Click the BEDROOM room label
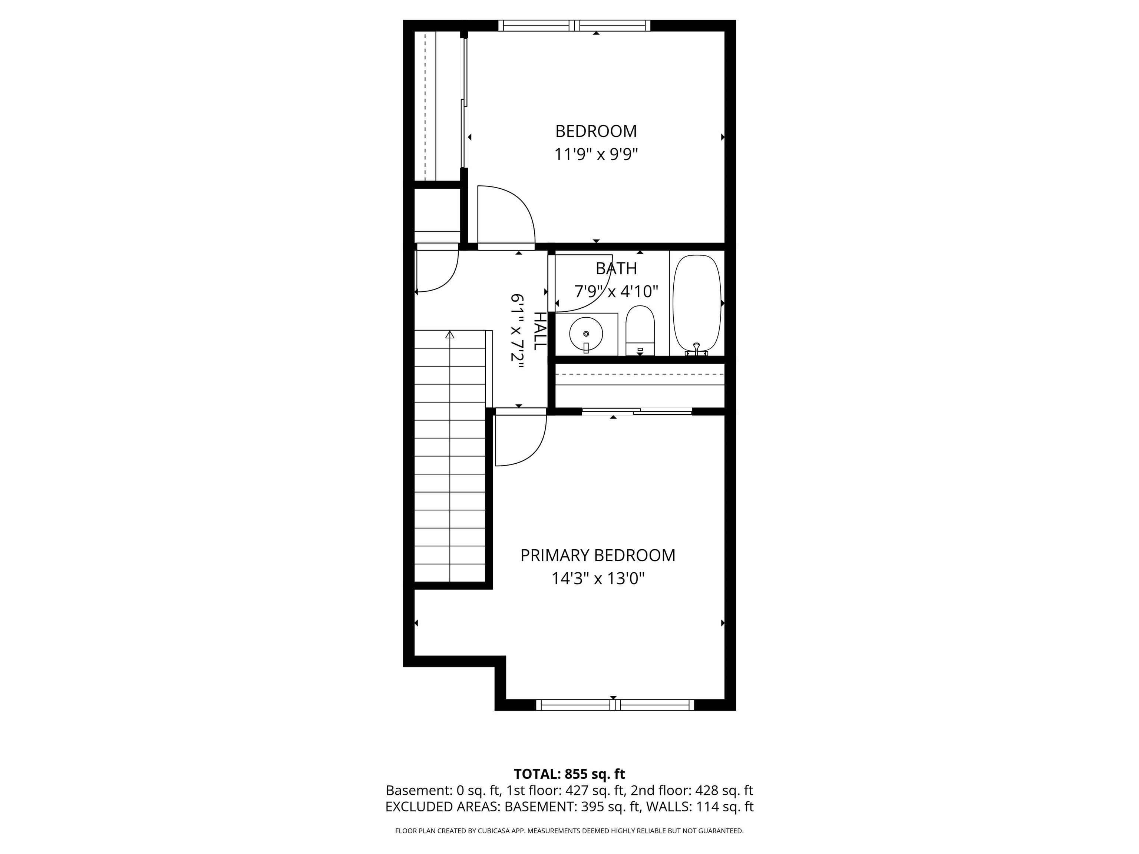(596, 131)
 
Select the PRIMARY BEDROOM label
(597, 556)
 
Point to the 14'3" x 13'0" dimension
(598, 579)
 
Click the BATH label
(616, 268)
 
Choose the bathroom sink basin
(586, 334)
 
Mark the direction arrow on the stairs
(450, 335)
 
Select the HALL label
(539, 331)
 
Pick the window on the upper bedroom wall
(574, 25)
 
